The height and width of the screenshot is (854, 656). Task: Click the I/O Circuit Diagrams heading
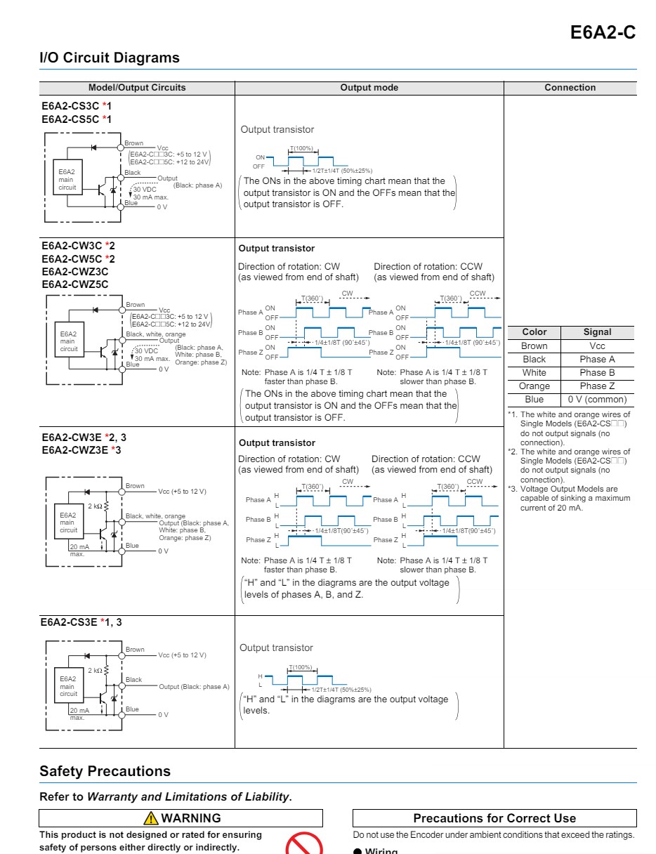click(110, 58)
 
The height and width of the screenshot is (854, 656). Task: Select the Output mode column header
click(369, 88)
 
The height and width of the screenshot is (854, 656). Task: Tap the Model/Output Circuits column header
click(137, 88)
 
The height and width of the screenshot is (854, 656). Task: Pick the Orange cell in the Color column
click(534, 386)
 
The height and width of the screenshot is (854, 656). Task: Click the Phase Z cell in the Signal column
click(597, 386)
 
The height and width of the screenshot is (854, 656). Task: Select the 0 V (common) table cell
click(597, 400)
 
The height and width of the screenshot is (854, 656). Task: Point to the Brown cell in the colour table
click(534, 346)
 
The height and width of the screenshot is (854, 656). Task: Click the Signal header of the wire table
click(597, 332)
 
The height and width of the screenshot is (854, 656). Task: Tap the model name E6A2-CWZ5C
click(75, 284)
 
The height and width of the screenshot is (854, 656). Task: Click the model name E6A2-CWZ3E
click(75, 449)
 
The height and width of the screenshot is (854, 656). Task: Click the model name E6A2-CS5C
click(70, 119)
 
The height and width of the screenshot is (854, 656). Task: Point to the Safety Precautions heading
click(105, 771)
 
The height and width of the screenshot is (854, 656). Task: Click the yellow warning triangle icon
click(151, 818)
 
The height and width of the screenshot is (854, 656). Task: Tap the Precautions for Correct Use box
click(494, 818)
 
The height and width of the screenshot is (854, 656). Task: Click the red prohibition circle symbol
click(303, 846)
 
